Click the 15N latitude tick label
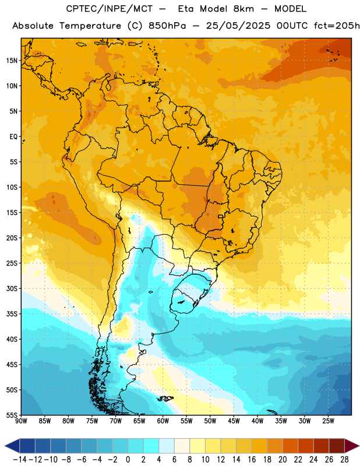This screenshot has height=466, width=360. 12,61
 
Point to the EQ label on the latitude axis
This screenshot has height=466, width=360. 13,137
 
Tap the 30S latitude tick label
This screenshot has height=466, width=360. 12,288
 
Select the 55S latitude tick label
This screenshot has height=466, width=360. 12,415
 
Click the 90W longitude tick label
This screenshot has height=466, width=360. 22,421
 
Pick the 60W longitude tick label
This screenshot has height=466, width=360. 163,421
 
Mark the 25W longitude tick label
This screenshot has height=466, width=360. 328,421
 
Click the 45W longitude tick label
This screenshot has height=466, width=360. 234,421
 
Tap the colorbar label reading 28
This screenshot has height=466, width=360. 344,460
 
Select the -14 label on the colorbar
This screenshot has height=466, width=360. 20,460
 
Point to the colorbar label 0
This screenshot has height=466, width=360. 128,460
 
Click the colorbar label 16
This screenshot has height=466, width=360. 252,460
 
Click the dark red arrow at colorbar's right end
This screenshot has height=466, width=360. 352,446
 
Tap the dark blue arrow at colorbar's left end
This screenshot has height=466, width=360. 12,446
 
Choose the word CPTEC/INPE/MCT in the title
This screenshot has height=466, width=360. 110,9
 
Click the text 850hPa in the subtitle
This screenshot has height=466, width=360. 167,26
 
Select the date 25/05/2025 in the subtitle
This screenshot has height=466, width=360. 238,26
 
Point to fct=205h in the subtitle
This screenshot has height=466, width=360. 337,26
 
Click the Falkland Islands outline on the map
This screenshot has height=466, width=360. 165,399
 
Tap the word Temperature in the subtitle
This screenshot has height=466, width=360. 90,26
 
